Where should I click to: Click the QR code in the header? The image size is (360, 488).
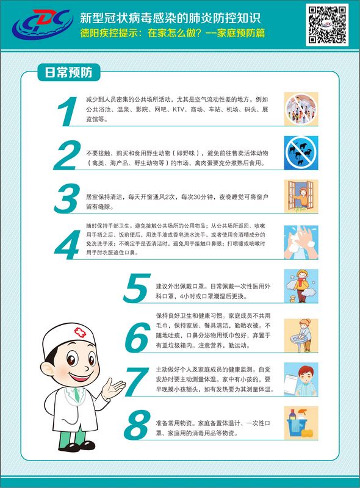point(327,24)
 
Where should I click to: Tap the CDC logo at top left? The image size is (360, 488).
point(43,24)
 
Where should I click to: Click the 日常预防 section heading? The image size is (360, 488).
point(69,73)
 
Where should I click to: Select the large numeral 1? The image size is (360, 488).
point(67,112)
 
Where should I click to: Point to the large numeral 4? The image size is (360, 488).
point(67,245)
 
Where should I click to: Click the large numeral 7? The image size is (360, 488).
point(137,382)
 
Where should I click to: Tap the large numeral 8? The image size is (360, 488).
point(137,425)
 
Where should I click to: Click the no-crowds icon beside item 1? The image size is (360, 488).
point(301,109)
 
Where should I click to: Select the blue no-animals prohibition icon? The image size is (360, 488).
point(301,152)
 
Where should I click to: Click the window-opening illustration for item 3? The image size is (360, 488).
point(301,196)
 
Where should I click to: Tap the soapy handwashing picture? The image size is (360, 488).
point(301,242)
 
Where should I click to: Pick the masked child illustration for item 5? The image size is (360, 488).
point(301,285)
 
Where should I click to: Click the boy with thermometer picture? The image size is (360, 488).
point(301,379)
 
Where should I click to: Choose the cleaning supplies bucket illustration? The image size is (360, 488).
point(301,423)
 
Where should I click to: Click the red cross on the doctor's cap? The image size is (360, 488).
point(80,332)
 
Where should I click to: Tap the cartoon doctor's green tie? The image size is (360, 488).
point(76,394)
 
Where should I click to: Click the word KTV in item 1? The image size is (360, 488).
point(178,110)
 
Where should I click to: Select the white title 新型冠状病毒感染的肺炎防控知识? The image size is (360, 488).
point(170,18)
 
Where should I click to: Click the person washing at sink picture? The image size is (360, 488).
point(301,335)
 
